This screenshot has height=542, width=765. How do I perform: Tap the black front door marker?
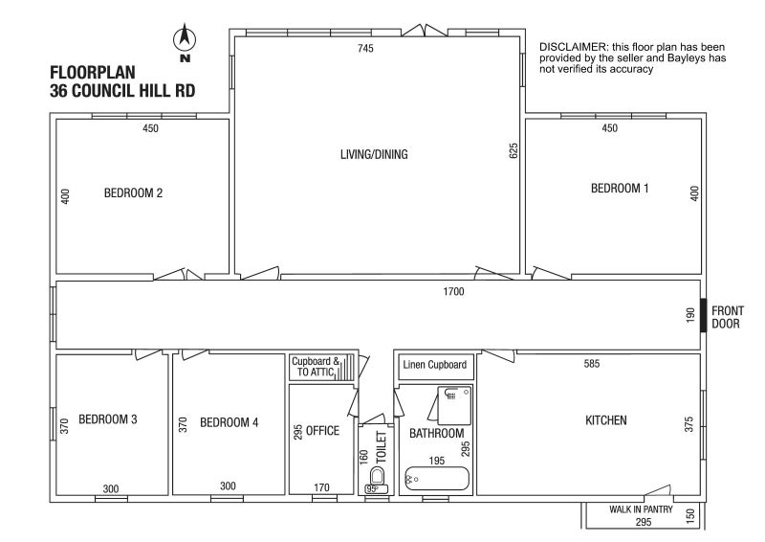pyautogui.click(x=704, y=315)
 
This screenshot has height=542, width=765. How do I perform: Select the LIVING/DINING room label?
pyautogui.click(x=374, y=154)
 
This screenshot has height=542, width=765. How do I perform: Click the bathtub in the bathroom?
pyautogui.click(x=437, y=479)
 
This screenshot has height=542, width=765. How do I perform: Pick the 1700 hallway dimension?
pyautogui.click(x=453, y=292)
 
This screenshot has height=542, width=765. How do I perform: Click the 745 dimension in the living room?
pyautogui.click(x=365, y=48)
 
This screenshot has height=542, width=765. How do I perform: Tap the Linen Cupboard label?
pyautogui.click(x=435, y=365)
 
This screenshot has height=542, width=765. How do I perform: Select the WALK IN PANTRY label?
pyautogui.click(x=641, y=509)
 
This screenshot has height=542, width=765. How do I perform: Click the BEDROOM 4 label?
pyautogui.click(x=229, y=422)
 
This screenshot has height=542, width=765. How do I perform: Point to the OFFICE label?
pyautogui.click(x=322, y=431)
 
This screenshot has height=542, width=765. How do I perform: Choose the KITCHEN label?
pyautogui.click(x=606, y=420)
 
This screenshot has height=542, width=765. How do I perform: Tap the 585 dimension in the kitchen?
pyautogui.click(x=591, y=364)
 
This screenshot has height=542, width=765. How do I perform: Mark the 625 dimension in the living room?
pyautogui.click(x=514, y=150)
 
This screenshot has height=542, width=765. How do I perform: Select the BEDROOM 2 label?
pyautogui.click(x=133, y=193)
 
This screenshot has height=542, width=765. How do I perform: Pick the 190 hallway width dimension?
pyautogui.click(x=689, y=315)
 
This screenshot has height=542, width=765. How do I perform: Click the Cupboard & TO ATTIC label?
pyautogui.click(x=316, y=367)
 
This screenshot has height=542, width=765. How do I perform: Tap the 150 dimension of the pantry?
pyautogui.click(x=689, y=516)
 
